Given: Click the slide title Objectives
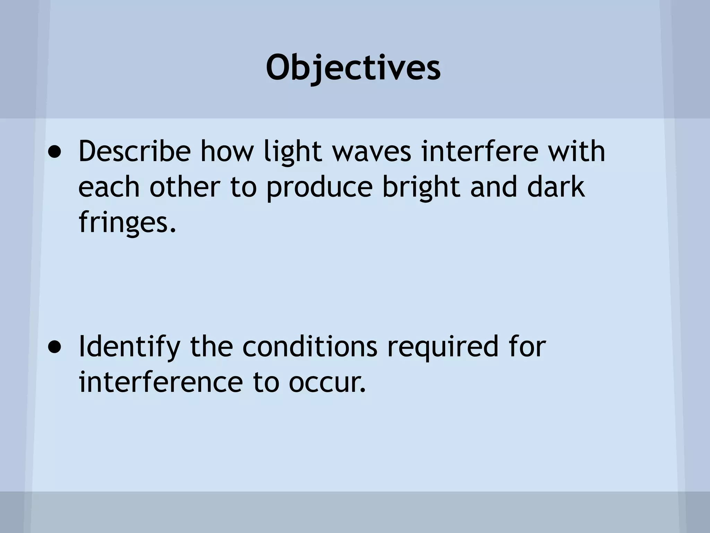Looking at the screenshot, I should coord(353,68).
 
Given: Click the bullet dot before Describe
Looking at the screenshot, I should coord(55,152).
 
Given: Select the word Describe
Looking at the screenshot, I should coord(135,152).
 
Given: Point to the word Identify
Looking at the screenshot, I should coord(129,347).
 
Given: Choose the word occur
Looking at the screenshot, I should coord(327,383).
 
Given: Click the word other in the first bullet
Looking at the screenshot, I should coord(185,187).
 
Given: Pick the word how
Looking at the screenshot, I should coord(227,152).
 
